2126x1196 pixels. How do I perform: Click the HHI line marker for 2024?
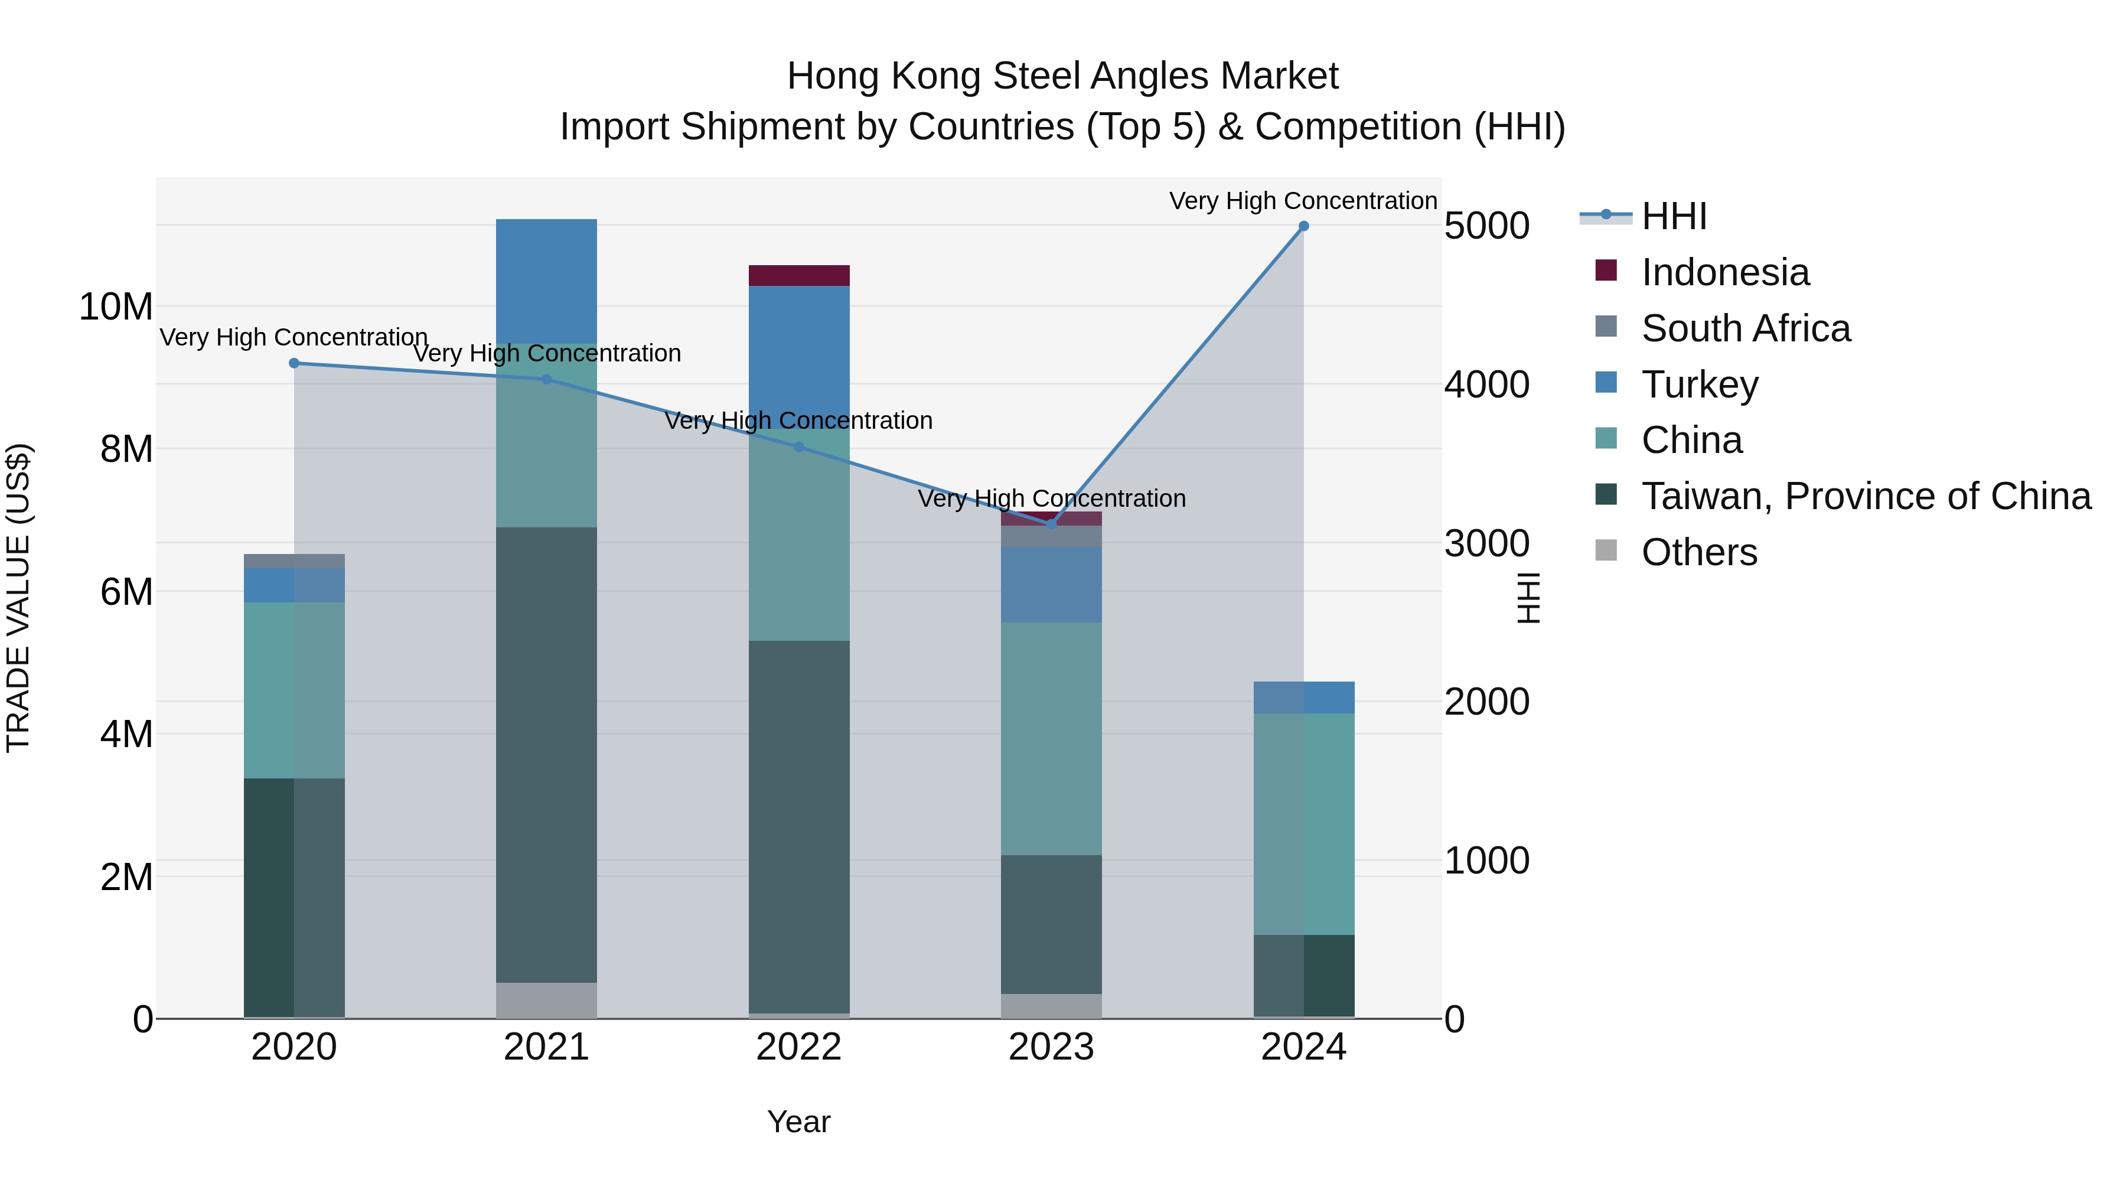click(1303, 226)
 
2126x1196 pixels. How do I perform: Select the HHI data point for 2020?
click(294, 363)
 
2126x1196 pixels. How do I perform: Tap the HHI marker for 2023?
click(1051, 523)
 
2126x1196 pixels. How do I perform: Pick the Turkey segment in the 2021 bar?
click(546, 281)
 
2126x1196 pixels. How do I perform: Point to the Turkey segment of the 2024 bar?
click(1303, 698)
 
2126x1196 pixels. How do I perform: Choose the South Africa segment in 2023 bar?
click(1051, 536)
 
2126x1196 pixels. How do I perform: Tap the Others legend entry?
click(1698, 552)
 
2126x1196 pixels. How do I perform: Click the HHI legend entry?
click(1673, 216)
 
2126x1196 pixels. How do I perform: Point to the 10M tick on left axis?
click(116, 307)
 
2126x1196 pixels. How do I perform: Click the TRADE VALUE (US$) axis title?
click(18, 598)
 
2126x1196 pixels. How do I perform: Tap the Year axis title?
click(798, 1122)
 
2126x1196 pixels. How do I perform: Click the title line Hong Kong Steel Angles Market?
click(1062, 76)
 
